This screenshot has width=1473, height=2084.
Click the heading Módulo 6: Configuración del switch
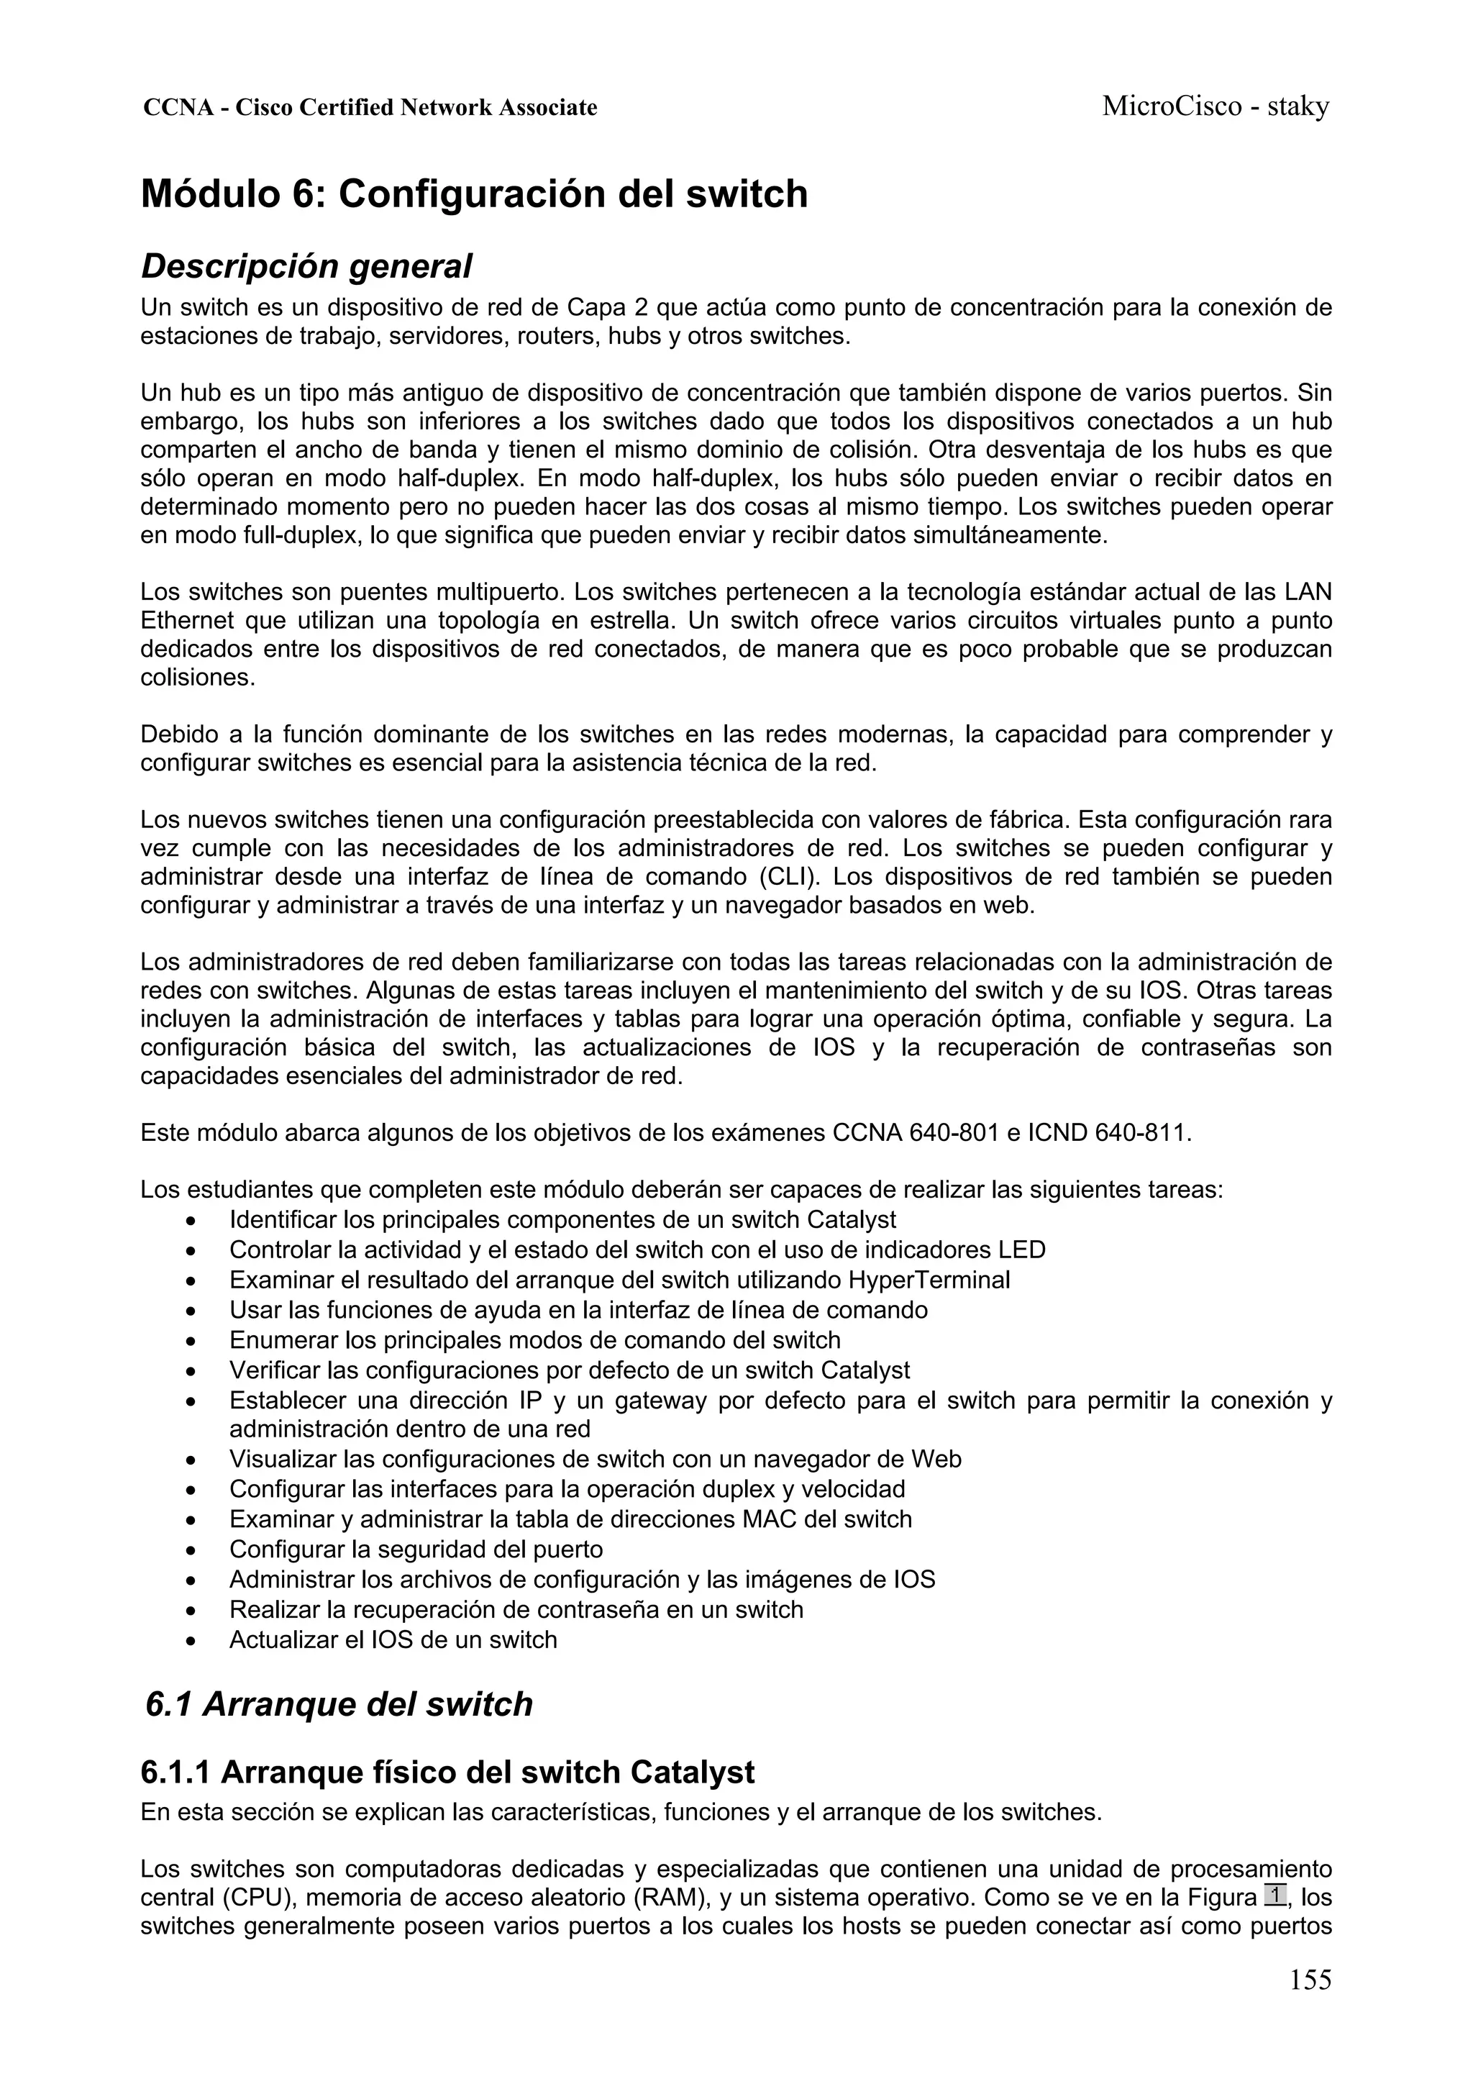click(474, 194)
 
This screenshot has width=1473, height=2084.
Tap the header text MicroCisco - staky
click(1216, 106)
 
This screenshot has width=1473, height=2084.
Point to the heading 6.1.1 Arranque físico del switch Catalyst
click(447, 1772)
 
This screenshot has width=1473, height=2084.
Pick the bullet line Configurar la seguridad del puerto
click(416, 1549)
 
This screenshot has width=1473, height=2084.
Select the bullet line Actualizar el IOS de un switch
click(393, 1639)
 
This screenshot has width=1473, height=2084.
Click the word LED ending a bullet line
click(1021, 1250)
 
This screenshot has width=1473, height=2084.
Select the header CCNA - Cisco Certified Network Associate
click(370, 108)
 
